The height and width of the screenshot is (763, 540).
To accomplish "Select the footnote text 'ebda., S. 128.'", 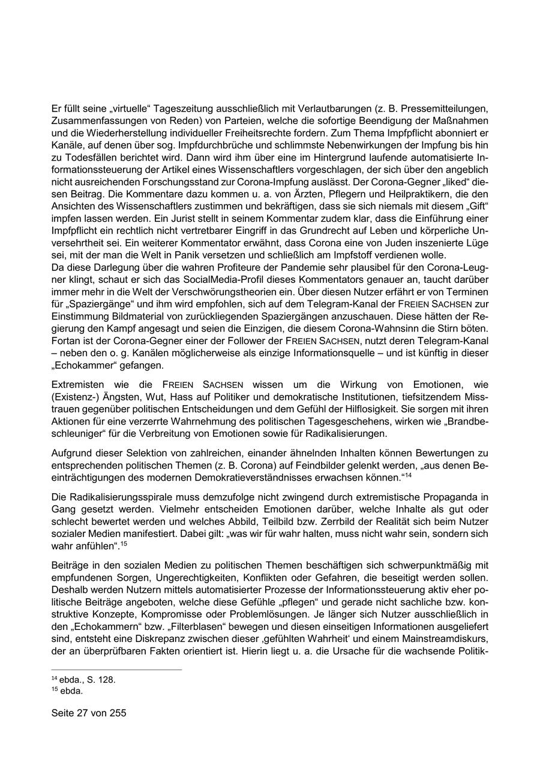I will coord(87,680).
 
